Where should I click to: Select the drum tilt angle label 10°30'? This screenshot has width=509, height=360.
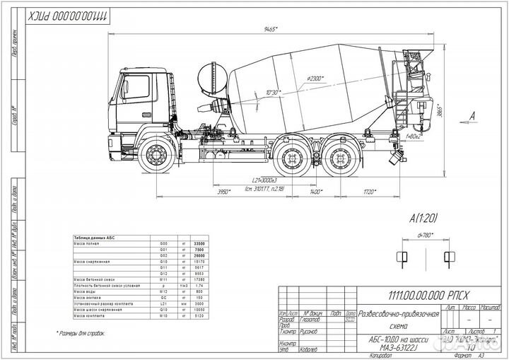[273, 93]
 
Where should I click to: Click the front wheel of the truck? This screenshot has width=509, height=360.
[155, 156]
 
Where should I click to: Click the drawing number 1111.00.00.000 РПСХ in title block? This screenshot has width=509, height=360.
[418, 300]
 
